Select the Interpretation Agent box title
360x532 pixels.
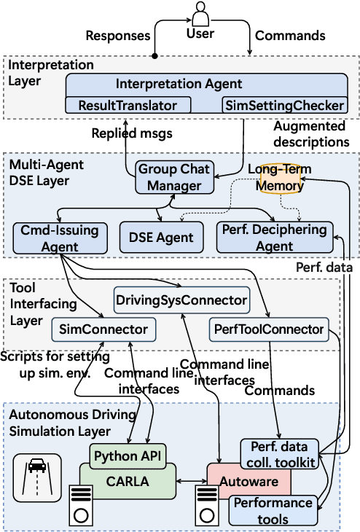[179, 84]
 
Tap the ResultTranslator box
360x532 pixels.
[128, 105]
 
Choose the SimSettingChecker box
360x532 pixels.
[283, 105]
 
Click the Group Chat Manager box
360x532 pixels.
[174, 177]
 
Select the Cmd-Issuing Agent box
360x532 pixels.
[60, 238]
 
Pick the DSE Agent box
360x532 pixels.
[165, 236]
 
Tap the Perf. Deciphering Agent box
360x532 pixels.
[274, 238]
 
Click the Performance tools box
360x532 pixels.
[272, 511]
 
